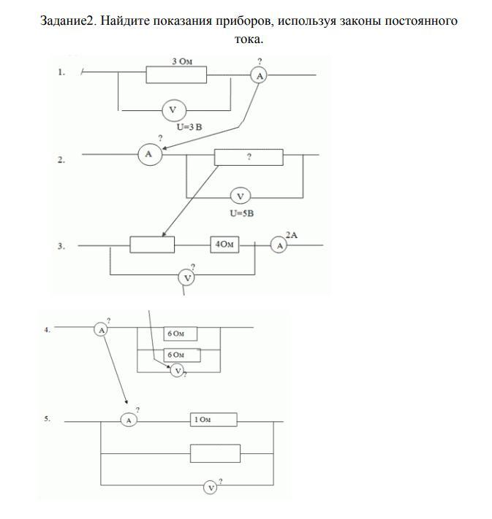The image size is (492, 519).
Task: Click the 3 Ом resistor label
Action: (x=182, y=61)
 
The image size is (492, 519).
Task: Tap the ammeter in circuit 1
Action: (x=260, y=76)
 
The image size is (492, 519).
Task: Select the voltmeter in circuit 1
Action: (x=174, y=110)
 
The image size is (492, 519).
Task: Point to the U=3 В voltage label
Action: (x=189, y=127)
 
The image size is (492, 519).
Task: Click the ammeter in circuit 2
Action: (x=150, y=154)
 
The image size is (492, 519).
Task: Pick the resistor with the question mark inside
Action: (x=249, y=157)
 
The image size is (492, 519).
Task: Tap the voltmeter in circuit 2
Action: (x=241, y=196)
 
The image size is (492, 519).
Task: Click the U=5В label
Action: (x=242, y=213)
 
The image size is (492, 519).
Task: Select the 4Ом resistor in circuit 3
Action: (x=224, y=245)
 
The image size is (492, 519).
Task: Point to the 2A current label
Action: (x=292, y=235)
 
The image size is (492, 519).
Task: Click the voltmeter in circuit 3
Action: (x=186, y=277)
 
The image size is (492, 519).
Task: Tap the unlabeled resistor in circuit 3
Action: (x=152, y=245)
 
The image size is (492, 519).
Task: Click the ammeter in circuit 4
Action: (x=100, y=330)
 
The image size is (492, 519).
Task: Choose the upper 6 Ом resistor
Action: (x=181, y=334)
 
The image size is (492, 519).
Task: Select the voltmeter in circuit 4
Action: (x=178, y=371)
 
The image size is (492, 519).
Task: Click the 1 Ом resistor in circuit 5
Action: (x=213, y=420)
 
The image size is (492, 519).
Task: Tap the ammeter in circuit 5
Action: (x=129, y=420)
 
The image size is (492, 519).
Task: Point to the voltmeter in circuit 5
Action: (x=211, y=488)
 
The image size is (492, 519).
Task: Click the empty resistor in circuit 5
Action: (x=215, y=453)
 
